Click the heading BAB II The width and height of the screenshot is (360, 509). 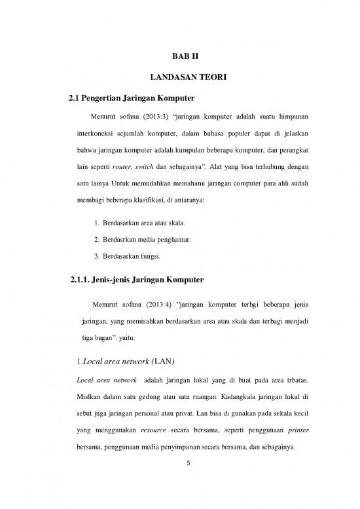point(179,56)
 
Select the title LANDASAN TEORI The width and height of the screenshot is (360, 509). point(179,78)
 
